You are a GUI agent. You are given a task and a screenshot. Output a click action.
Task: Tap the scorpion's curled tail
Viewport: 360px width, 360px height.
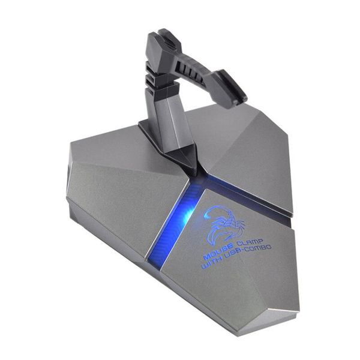pyautogui.click(x=216, y=212)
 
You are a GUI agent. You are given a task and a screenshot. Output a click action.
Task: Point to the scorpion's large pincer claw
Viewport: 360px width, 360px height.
pyautogui.click(x=238, y=226)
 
